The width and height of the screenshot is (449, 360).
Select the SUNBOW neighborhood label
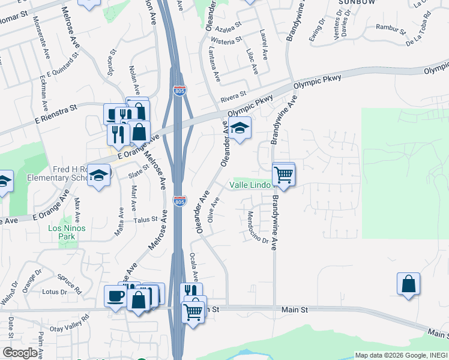[352, 2]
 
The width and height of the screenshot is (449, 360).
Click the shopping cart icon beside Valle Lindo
[283, 175]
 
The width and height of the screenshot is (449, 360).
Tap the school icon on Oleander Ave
[240, 128]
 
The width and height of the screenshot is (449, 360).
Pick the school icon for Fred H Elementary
[98, 175]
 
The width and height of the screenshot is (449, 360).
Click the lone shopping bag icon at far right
[408, 284]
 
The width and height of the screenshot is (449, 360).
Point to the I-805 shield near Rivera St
[179, 91]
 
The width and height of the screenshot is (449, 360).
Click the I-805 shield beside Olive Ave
[179, 201]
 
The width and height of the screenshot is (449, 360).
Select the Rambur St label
[388, 26]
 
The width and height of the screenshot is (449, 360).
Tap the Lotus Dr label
[55, 292]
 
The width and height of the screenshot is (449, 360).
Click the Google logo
[20, 353]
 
